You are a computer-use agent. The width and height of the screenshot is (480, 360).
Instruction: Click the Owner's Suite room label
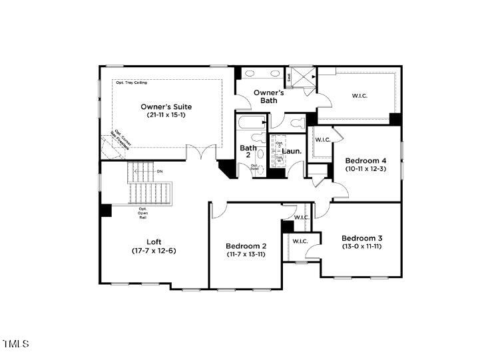(x=166, y=106)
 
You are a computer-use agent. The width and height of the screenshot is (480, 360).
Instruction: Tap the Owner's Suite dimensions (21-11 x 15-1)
(x=166, y=115)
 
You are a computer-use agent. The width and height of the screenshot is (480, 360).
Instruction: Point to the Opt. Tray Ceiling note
(x=132, y=83)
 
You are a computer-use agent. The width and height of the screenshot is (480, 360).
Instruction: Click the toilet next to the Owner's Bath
(x=296, y=123)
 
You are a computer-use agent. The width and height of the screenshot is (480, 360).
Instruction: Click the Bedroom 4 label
(x=365, y=160)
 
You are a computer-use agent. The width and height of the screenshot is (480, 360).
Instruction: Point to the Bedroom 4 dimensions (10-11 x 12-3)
(x=365, y=169)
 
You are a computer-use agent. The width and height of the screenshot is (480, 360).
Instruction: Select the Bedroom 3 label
(x=362, y=238)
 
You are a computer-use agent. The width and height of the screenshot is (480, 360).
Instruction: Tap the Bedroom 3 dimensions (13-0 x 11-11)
(x=362, y=247)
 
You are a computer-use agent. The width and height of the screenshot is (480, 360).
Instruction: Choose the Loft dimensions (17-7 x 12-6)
(x=154, y=250)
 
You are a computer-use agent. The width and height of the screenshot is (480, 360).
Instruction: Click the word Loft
(x=154, y=242)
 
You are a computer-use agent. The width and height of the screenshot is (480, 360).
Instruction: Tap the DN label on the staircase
(x=160, y=172)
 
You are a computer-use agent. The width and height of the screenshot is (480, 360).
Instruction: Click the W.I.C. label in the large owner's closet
(x=360, y=96)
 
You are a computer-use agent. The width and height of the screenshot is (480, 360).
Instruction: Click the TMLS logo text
(x=16, y=344)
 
